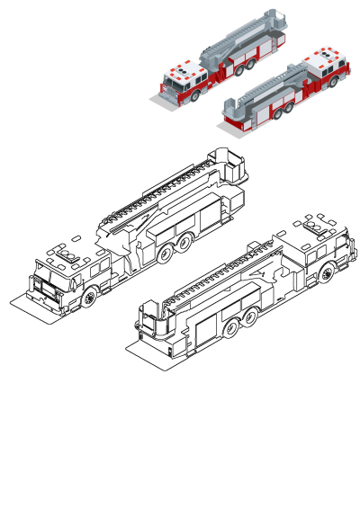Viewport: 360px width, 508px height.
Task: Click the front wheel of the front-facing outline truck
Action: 90,297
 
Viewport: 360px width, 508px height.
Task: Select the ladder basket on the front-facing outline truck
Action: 230,165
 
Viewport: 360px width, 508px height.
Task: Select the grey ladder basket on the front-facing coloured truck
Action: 274,17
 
